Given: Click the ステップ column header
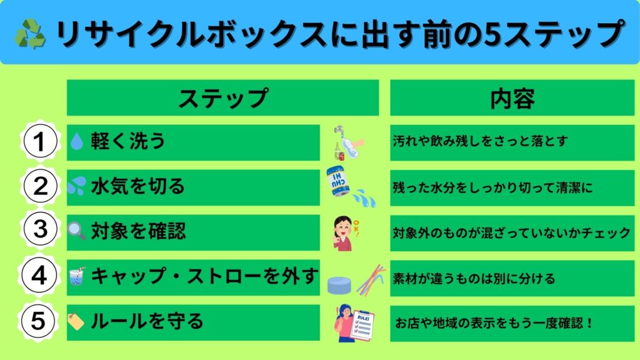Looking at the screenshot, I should point(222,97).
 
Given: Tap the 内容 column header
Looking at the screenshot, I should point(512,97).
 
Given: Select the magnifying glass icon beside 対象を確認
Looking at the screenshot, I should point(77,231).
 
